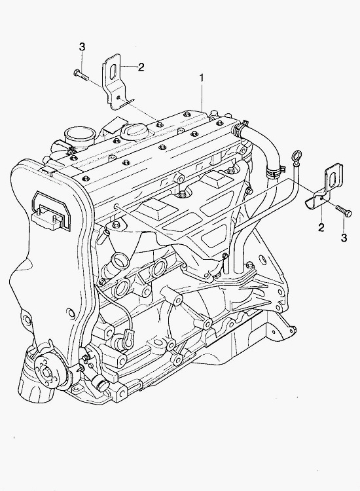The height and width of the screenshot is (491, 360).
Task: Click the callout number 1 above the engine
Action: coord(202,78)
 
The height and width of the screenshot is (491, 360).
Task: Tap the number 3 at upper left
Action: coord(82,47)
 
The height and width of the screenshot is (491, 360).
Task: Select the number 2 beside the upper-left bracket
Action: coord(141,67)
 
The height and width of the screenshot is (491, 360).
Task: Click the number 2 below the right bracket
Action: coord(321,228)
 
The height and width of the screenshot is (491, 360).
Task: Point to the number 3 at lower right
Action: coord(344,238)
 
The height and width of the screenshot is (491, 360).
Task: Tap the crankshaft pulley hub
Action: coord(46,372)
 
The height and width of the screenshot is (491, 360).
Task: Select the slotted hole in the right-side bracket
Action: coord(333,179)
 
